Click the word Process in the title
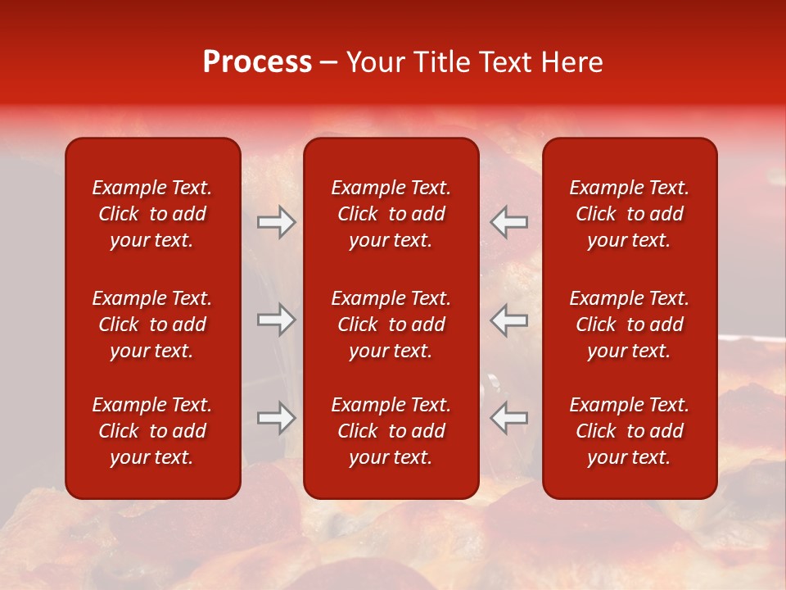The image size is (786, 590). click(x=257, y=62)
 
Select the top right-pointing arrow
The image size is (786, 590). click(x=277, y=222)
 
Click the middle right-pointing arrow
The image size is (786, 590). click(x=277, y=320)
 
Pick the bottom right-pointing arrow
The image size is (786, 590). click(x=277, y=418)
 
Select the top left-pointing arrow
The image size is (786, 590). click(x=508, y=222)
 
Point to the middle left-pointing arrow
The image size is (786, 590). click(x=508, y=320)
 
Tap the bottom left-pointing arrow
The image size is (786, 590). click(x=508, y=418)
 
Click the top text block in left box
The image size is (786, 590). click(x=152, y=214)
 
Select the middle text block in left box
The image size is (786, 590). click(x=152, y=324)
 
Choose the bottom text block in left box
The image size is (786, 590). click(x=152, y=431)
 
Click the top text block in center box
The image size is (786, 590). click(x=391, y=214)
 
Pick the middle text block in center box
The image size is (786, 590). click(x=391, y=324)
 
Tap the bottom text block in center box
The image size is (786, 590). click(x=391, y=431)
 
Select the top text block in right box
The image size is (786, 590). click(x=630, y=214)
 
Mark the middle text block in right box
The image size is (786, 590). click(x=630, y=324)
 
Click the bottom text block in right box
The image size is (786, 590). click(x=630, y=431)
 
